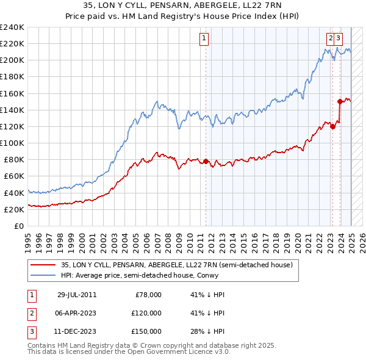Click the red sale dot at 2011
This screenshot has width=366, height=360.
click(206, 161)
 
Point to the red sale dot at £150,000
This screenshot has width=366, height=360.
click(340, 101)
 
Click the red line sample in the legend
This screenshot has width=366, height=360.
click(43, 265)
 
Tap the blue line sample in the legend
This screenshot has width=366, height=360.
click(43, 275)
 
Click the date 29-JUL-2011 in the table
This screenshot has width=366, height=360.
click(77, 295)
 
